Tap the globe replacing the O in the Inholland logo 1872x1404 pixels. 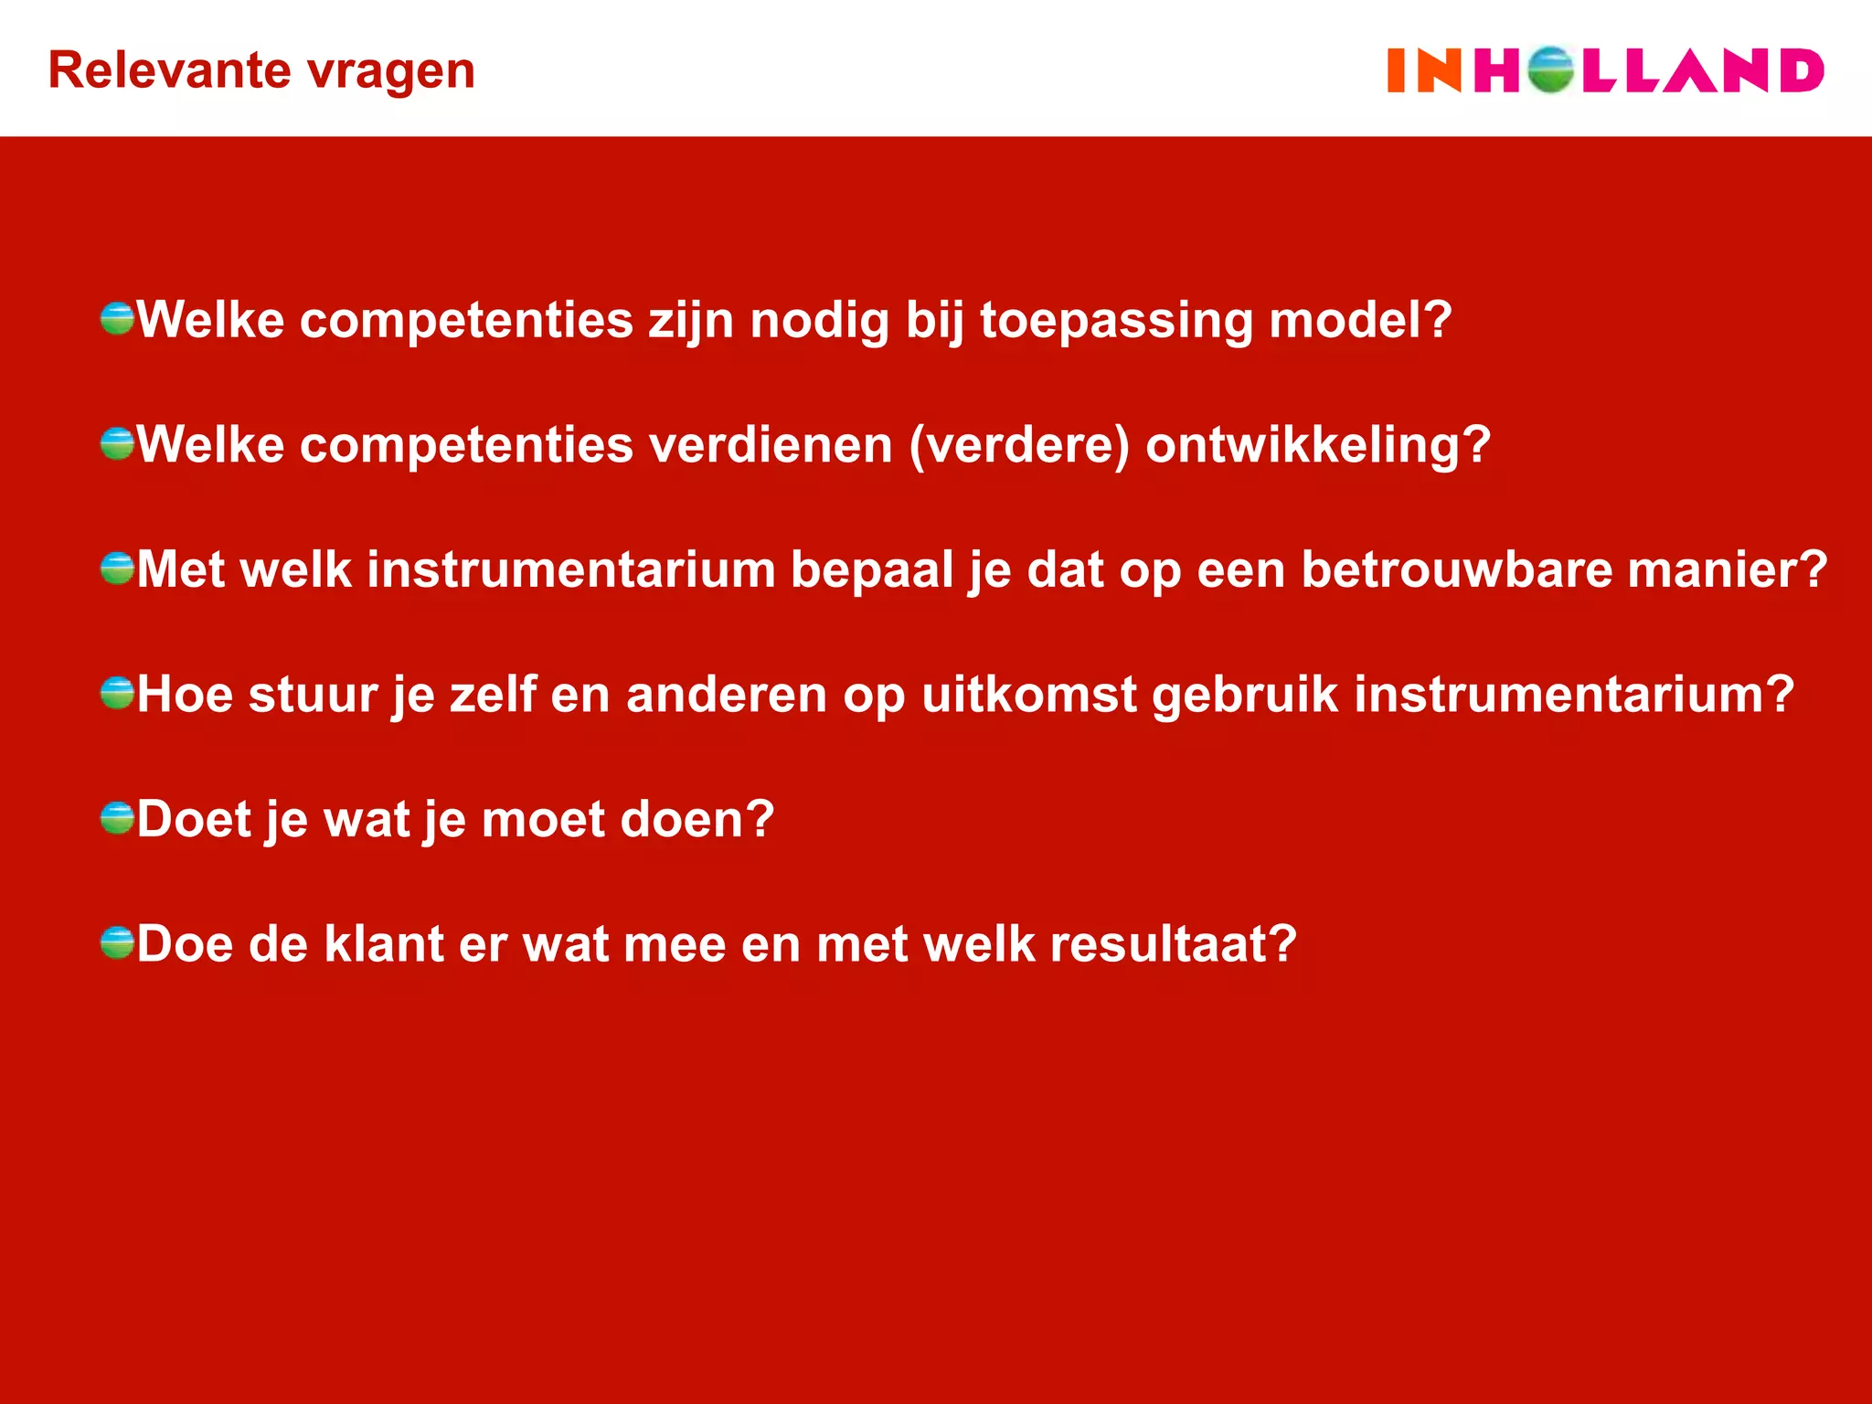coord(1549,70)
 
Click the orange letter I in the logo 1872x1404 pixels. coord(1396,71)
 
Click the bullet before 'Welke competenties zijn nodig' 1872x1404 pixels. coord(117,319)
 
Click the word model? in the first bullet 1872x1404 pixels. coord(1360,320)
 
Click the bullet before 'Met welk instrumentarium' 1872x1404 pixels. coord(117,569)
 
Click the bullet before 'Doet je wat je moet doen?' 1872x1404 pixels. coord(117,818)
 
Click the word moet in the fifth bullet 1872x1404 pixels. coord(543,819)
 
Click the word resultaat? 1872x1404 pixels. coord(1173,943)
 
